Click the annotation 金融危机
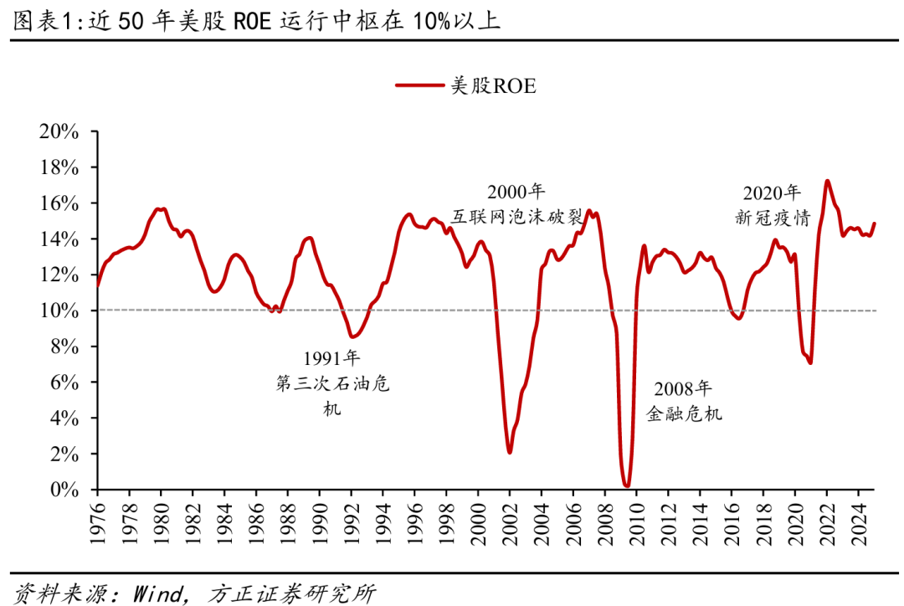coord(684,413)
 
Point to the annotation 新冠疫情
coord(772,218)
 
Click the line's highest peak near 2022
coord(827,181)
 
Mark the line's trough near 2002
coord(509,452)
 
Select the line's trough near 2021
coord(810,362)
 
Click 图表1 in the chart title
coord(39,21)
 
